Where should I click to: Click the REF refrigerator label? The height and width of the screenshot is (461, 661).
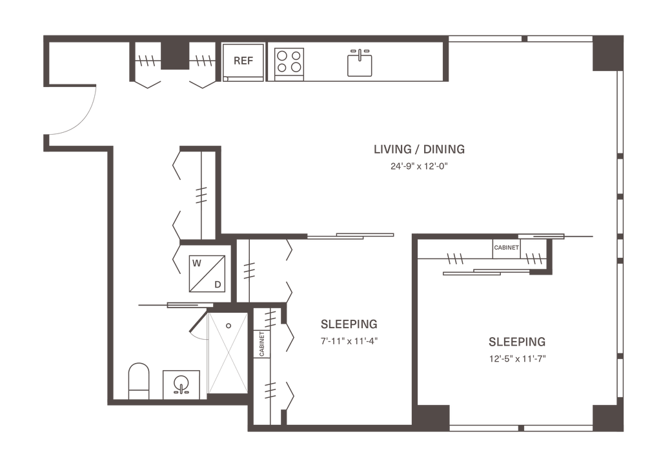[243, 61]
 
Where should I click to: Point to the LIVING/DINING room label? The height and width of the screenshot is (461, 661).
[420, 150]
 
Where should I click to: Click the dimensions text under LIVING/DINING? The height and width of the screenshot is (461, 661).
[419, 166]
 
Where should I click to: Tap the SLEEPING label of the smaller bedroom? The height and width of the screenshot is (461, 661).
[349, 324]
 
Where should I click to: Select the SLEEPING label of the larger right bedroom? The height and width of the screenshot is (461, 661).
[517, 340]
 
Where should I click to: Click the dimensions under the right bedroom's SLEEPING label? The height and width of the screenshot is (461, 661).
[517, 357]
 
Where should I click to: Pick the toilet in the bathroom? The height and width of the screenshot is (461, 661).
[138, 379]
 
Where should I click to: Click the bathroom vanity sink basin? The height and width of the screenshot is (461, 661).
[181, 384]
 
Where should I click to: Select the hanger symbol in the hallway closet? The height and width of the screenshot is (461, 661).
[202, 193]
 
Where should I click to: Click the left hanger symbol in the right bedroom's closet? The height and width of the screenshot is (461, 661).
[455, 260]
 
